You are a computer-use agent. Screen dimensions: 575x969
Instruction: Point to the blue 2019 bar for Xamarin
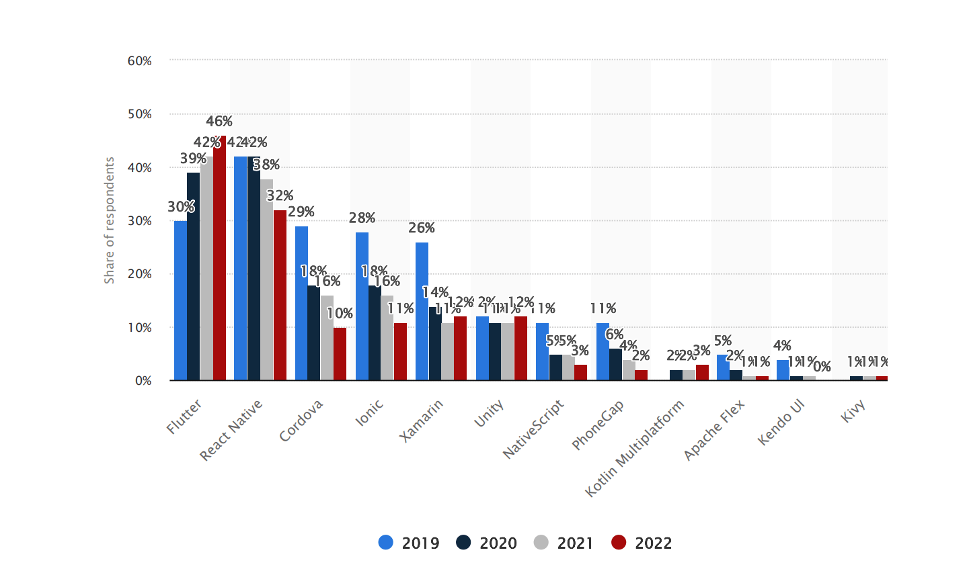pos(422,312)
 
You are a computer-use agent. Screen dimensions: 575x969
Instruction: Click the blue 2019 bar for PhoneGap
pos(603,352)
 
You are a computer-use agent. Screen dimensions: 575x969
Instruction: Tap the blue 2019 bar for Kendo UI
pos(783,370)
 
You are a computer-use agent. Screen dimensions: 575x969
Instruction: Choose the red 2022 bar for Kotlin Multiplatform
pos(702,373)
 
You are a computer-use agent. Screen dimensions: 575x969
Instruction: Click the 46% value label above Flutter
pos(219,122)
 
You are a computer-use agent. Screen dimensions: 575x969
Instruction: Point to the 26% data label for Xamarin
pos(422,228)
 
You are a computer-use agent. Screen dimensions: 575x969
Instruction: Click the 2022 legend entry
pos(642,543)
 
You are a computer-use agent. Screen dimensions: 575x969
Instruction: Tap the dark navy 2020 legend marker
pos(464,543)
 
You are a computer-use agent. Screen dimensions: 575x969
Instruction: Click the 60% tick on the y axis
pos(140,61)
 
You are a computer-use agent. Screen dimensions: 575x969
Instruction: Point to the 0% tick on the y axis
pos(143,381)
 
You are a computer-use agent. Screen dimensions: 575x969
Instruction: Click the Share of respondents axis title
pos(110,220)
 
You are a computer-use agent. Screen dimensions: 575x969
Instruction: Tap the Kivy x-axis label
pos(853,410)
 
